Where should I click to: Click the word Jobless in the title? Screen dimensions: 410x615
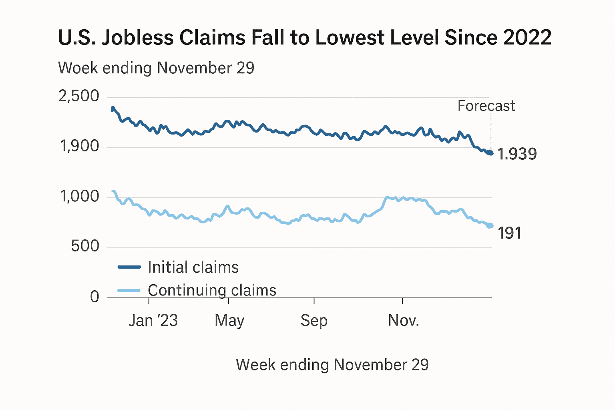tap(137, 38)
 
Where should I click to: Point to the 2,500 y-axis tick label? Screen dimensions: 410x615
tap(79, 96)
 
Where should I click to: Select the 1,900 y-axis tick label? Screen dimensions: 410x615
tap(79, 147)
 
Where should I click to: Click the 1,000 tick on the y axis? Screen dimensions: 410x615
tap(79, 197)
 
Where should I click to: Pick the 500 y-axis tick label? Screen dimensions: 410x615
tap(85, 246)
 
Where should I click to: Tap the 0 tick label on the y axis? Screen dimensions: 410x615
tap(94, 297)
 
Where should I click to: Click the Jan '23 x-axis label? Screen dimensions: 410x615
tap(153, 321)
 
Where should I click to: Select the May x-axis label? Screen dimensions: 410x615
tap(229, 321)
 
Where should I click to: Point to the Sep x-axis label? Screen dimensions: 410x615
tap(314, 321)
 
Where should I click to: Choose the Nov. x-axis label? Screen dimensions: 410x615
tap(403, 321)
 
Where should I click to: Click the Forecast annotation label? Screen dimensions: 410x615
tap(486, 106)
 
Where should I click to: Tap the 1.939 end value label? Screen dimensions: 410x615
tap(517, 154)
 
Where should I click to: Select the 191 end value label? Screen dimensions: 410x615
tap(509, 233)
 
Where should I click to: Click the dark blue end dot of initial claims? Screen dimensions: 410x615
tap(490, 153)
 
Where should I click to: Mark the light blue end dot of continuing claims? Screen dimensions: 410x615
tap(490, 226)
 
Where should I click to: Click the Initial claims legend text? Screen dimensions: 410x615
tap(193, 267)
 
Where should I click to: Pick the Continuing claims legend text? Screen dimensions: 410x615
tap(212, 290)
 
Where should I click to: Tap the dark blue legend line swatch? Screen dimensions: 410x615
tap(129, 267)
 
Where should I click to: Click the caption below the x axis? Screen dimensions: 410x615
tap(332, 365)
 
